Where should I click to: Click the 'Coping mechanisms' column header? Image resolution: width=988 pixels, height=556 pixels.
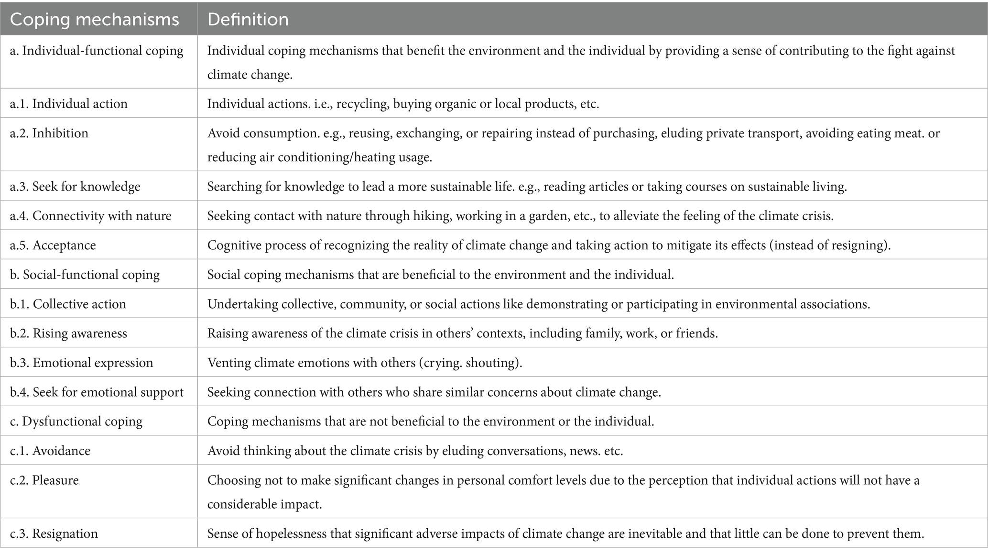[94, 20]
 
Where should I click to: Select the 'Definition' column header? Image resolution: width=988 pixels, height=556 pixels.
[248, 20]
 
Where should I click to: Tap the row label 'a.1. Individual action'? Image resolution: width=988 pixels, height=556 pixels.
[69, 104]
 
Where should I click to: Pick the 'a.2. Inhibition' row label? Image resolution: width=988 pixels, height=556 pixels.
[49, 133]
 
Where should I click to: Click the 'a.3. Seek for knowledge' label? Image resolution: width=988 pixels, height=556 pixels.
[75, 186]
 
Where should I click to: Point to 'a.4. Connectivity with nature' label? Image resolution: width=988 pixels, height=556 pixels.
[90, 216]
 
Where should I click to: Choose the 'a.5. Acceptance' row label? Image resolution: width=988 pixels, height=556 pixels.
[53, 245]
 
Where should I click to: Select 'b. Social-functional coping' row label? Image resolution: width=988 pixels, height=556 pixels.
[85, 275]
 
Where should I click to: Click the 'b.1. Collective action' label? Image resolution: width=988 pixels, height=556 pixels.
[68, 304]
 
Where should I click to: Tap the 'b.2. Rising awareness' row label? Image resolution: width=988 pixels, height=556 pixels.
[68, 334]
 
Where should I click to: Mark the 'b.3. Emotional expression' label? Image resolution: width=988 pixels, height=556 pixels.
[81, 363]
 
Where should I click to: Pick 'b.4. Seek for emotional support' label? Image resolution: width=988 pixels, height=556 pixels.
[97, 392]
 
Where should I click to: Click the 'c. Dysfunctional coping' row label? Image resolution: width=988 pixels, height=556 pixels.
[76, 422]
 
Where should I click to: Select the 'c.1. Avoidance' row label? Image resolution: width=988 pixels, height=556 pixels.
[50, 451]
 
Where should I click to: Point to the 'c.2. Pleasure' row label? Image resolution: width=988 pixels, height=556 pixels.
[44, 480]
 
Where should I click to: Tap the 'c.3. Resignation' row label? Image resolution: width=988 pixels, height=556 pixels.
[54, 534]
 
